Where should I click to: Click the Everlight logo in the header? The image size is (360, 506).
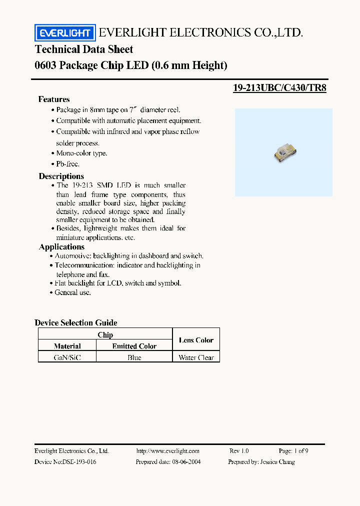(x=64, y=33)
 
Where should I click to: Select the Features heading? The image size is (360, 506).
(x=54, y=99)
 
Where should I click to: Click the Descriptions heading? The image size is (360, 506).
(x=61, y=176)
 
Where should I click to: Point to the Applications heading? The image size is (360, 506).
(x=61, y=246)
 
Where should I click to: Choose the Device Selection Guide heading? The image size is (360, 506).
(x=76, y=322)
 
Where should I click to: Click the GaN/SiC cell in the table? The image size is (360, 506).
(x=67, y=357)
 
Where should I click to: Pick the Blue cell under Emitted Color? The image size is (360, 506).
(x=134, y=357)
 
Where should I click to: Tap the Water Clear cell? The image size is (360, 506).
(x=196, y=357)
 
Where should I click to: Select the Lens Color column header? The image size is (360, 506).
(x=196, y=340)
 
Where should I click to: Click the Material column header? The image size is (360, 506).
(x=67, y=346)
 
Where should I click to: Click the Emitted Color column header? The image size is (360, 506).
(x=134, y=346)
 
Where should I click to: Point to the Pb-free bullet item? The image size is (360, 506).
(x=67, y=164)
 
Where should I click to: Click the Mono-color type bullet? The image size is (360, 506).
(x=81, y=153)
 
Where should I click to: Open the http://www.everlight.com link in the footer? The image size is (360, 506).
(x=167, y=450)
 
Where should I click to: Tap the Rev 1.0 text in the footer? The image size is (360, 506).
(x=238, y=450)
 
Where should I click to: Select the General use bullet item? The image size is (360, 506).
(x=73, y=292)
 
